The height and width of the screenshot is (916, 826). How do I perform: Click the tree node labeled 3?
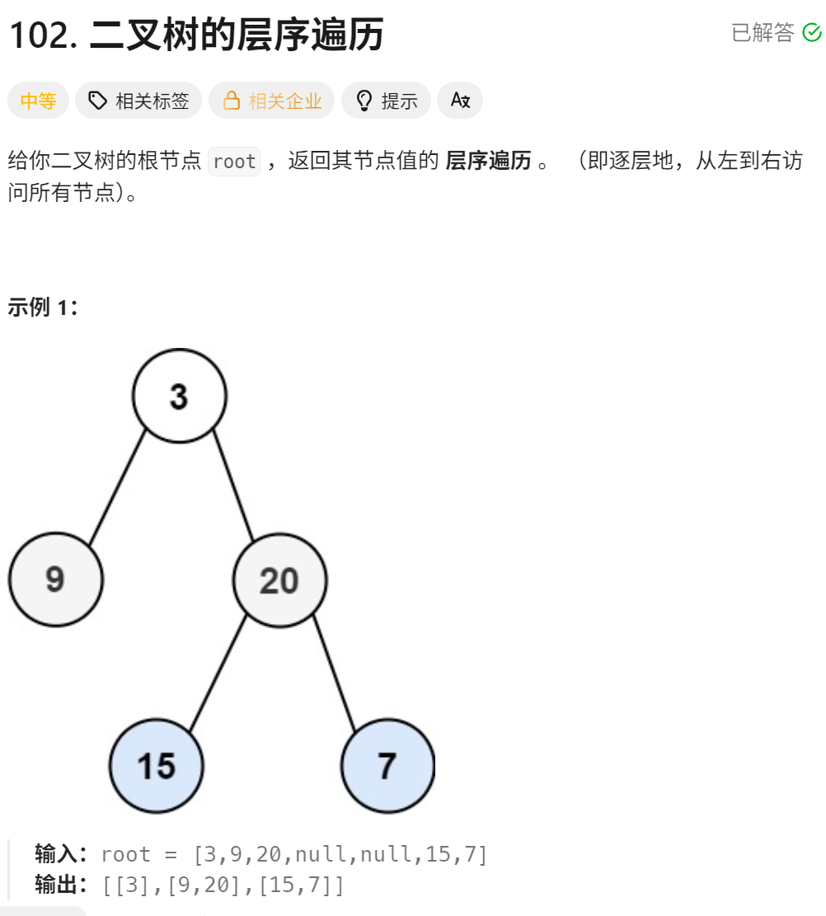pyautogui.click(x=179, y=396)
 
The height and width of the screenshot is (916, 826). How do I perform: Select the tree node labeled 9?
pyautogui.click(x=55, y=579)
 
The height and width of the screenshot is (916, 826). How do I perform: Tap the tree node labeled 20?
pyautogui.click(x=279, y=580)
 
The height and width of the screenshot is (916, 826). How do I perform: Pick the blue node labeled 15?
pyautogui.click(x=156, y=766)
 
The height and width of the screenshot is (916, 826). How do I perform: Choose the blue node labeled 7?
pyautogui.click(x=387, y=766)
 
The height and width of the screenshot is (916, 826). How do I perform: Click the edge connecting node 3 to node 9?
pyautogui.click(x=117, y=487)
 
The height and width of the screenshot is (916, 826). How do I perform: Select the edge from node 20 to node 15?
pyautogui.click(x=218, y=673)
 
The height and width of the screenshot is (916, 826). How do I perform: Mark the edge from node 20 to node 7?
pyautogui.click(x=334, y=673)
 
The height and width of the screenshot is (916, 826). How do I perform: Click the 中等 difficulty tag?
pyautogui.click(x=38, y=101)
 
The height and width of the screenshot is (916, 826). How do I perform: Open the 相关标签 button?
pyautogui.click(x=138, y=101)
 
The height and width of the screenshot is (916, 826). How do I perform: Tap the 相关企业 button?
pyautogui.click(x=271, y=101)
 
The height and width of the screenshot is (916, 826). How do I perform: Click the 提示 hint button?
pyautogui.click(x=386, y=101)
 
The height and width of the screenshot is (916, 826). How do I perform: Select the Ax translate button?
pyautogui.click(x=460, y=101)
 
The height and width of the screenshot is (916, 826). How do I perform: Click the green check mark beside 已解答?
pyautogui.click(x=812, y=32)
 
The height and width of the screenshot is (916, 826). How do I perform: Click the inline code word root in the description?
pyautogui.click(x=234, y=162)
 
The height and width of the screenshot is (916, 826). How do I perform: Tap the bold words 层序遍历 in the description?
pyautogui.click(x=488, y=161)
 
